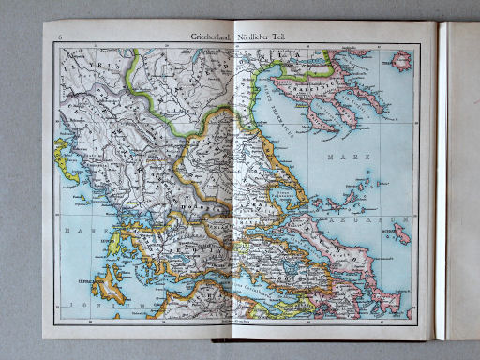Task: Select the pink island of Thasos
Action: click(x=402, y=63)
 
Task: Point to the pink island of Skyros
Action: click(x=401, y=234)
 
